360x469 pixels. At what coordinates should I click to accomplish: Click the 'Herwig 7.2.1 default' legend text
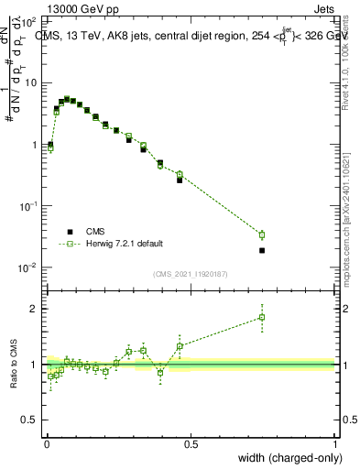(125, 244)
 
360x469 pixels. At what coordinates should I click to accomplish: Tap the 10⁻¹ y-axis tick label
(27, 206)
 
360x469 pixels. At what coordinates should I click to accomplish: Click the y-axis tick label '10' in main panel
(29, 82)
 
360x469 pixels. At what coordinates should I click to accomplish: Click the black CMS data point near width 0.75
(262, 250)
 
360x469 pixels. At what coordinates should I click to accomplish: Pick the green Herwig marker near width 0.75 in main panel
(262, 235)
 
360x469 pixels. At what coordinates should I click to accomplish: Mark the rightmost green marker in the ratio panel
(262, 318)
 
